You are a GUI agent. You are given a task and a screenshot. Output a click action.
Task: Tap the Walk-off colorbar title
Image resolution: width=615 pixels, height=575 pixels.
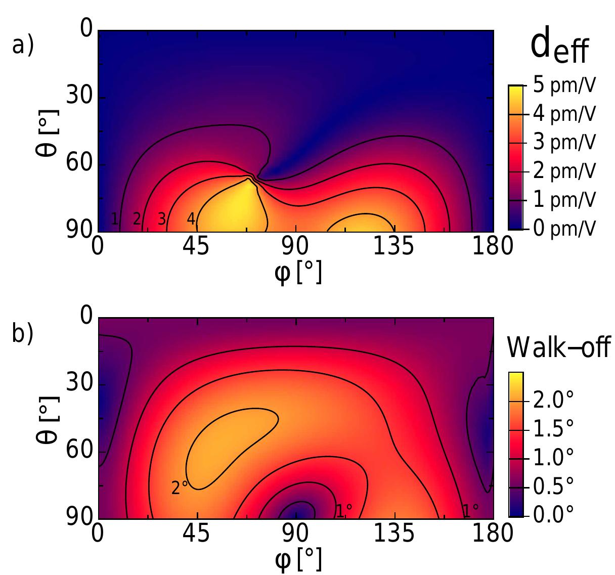pos(559,347)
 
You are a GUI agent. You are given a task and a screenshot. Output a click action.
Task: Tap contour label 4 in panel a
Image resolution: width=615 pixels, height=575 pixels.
pos(191,219)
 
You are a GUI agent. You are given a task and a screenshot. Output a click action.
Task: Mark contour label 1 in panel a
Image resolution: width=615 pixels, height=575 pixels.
pos(115,219)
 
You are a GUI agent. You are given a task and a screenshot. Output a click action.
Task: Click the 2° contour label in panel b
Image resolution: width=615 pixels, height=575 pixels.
pos(180,488)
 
